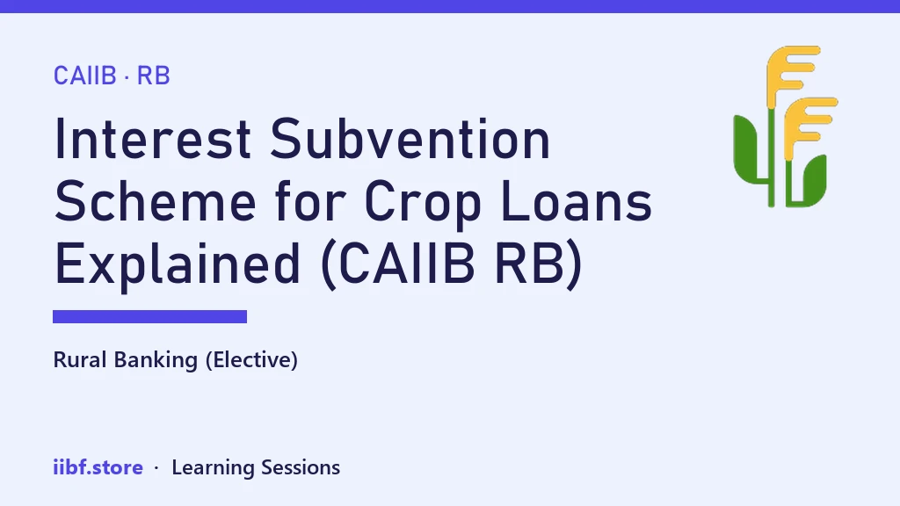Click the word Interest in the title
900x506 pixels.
point(153,139)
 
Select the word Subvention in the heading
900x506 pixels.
point(410,139)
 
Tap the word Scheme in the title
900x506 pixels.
point(156,201)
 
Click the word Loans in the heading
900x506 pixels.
point(577,201)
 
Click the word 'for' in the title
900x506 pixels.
point(310,201)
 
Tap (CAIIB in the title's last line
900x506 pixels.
point(398,264)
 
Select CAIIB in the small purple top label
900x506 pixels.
point(85,76)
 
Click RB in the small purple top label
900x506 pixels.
point(153,76)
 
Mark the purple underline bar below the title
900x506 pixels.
point(149,316)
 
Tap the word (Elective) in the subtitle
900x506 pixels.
point(251,360)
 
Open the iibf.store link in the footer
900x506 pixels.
point(98,467)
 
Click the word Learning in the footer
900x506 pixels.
point(213,468)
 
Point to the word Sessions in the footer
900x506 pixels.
point(301,467)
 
